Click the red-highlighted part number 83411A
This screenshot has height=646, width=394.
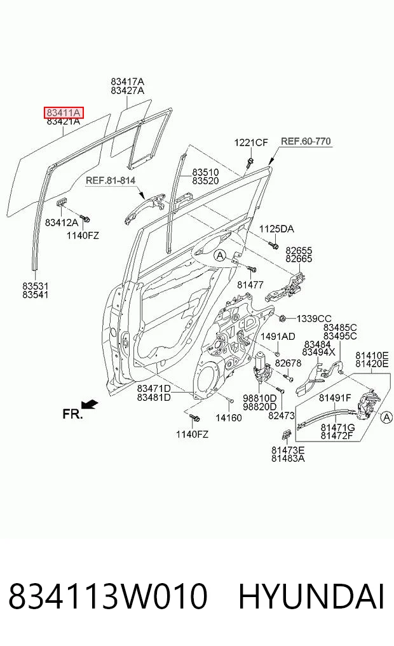pyautogui.click(x=64, y=112)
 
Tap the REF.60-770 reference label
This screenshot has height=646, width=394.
pyautogui.click(x=306, y=141)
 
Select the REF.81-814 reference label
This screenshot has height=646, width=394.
pyautogui.click(x=111, y=180)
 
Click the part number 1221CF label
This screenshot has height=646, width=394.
pyautogui.click(x=251, y=142)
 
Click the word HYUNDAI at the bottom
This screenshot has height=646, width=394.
pyautogui.click(x=311, y=596)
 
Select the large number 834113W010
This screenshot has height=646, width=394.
pyautogui.click(x=107, y=596)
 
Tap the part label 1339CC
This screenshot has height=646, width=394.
pyautogui.click(x=314, y=318)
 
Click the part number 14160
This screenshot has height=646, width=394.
pyautogui.click(x=229, y=418)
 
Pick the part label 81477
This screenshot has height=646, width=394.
pyautogui.click(x=250, y=285)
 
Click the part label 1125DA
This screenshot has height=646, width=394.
pyautogui.click(x=276, y=229)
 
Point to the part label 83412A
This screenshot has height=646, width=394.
pyautogui.click(x=62, y=222)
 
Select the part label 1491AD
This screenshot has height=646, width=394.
pyautogui.click(x=277, y=337)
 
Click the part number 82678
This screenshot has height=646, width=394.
pyautogui.click(x=288, y=363)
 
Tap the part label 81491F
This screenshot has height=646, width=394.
pyautogui.click(x=335, y=398)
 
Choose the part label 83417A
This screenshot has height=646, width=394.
pyautogui.click(x=127, y=82)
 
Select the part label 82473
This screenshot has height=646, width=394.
pyautogui.click(x=282, y=415)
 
